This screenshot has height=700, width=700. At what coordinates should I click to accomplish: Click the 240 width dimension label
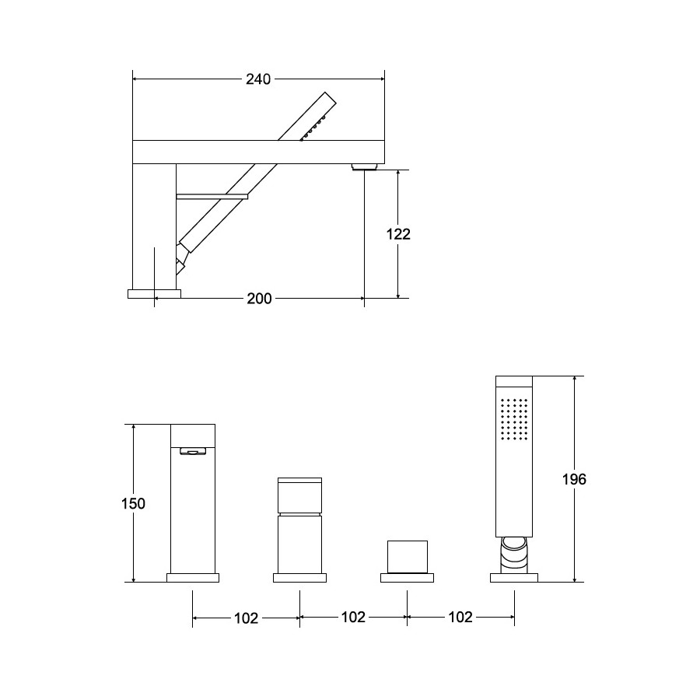point(258,79)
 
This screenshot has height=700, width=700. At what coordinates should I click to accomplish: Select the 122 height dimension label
point(398,234)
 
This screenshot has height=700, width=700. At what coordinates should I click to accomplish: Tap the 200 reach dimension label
point(259,298)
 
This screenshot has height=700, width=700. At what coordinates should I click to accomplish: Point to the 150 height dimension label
point(134,503)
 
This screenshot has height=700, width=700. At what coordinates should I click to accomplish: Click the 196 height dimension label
point(574,479)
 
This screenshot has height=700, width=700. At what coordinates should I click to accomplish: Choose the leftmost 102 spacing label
point(247,618)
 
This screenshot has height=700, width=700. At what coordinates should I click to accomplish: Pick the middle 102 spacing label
point(353,617)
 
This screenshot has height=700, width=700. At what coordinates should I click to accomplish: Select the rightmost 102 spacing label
point(460,617)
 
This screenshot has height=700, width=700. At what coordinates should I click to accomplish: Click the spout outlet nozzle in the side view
point(365,167)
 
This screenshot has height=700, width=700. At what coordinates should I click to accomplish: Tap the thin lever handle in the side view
point(212,197)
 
